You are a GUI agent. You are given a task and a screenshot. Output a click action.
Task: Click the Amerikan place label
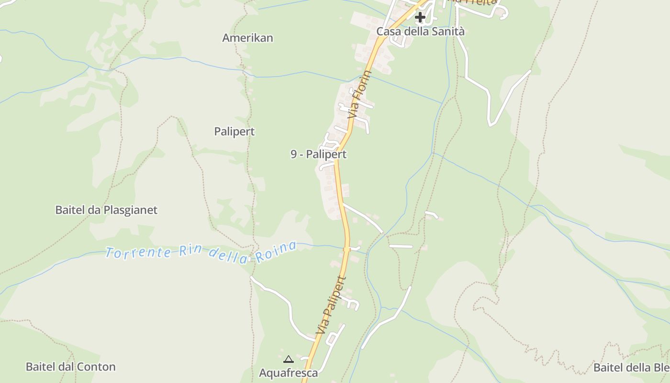click(247, 38)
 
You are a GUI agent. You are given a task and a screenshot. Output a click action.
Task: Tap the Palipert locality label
click(234, 132)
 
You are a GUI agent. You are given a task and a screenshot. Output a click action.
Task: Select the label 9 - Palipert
click(318, 155)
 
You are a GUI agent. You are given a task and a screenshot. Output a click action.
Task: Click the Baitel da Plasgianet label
click(106, 210)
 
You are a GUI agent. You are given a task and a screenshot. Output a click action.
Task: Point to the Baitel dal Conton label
click(70, 367)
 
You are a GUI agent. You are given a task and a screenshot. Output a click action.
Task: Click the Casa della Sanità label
click(420, 32)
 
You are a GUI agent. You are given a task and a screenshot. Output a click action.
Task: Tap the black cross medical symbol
click(420, 18)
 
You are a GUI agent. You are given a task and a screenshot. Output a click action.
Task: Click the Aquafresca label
click(288, 373)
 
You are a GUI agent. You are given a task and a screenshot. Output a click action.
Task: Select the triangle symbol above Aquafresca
click(288, 359)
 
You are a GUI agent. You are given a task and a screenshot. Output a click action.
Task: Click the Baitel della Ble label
click(631, 368)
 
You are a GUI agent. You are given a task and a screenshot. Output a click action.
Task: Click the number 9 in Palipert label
click(293, 155)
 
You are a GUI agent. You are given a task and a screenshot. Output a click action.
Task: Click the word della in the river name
click(229, 255)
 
